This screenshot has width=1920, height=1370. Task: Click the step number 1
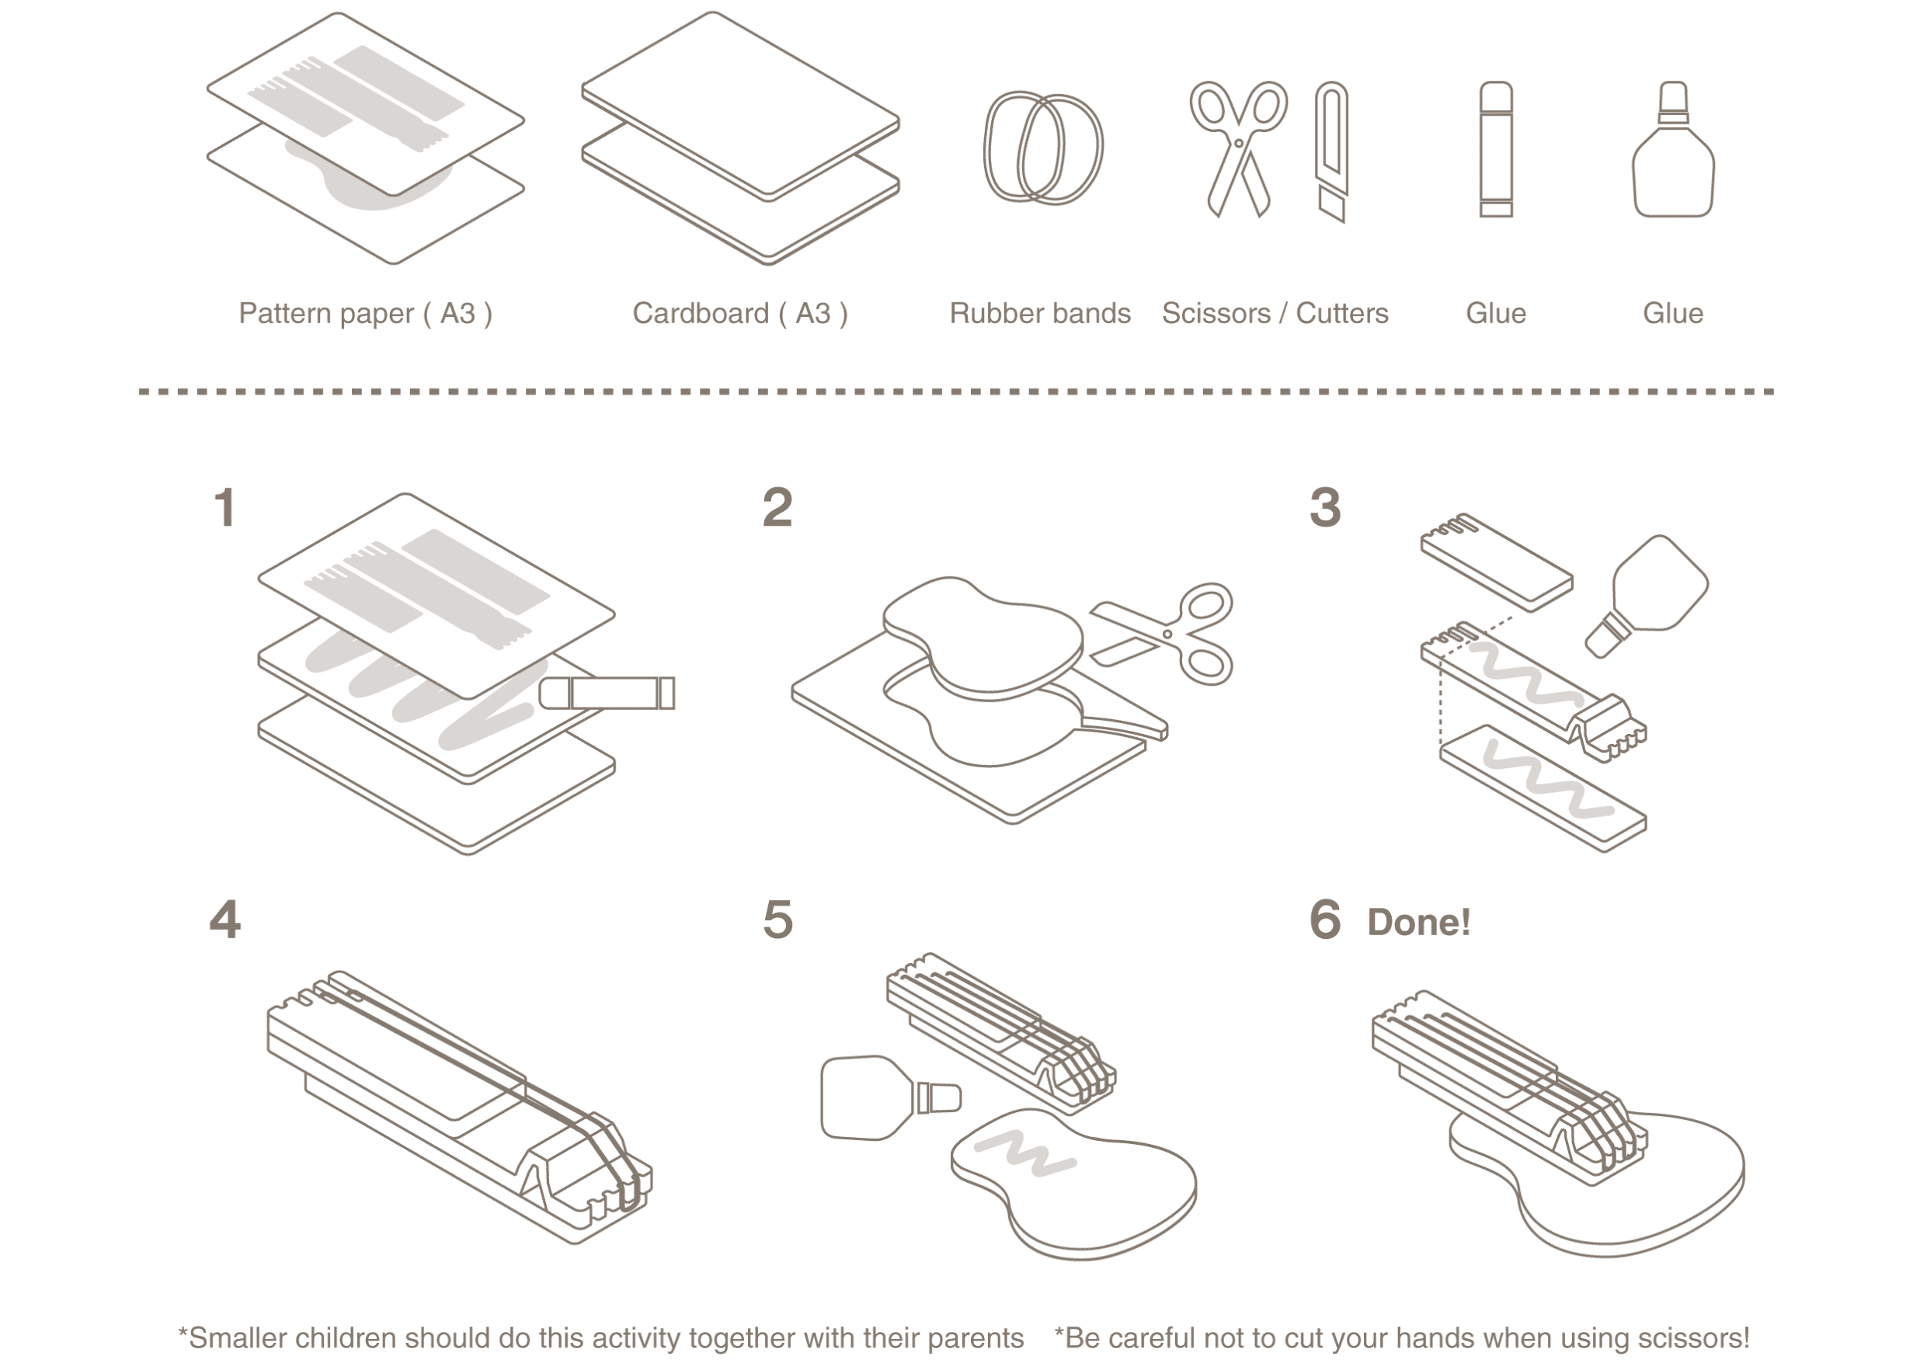pyautogui.click(x=224, y=509)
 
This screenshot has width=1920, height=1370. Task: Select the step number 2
pyautogui.click(x=777, y=509)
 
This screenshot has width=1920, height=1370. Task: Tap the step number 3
pyautogui.click(x=1325, y=509)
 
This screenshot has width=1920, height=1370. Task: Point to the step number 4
pyautogui.click(x=224, y=920)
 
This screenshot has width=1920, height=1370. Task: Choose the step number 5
pyautogui.click(x=777, y=920)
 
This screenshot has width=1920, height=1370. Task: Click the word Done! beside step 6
pyautogui.click(x=1419, y=922)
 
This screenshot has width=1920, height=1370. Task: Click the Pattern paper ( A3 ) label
pyautogui.click(x=365, y=314)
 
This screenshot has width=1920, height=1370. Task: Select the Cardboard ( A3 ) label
pyautogui.click(x=740, y=314)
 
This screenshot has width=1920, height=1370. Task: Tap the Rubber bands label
pyautogui.click(x=1040, y=314)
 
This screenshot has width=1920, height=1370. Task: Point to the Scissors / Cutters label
pyautogui.click(x=1275, y=314)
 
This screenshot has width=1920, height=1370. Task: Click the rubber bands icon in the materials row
pyautogui.click(x=1042, y=148)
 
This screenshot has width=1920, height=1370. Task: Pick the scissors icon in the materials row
pyautogui.click(x=1237, y=148)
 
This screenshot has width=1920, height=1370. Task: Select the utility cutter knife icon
pyautogui.click(x=1333, y=152)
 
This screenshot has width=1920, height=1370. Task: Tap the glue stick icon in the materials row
pyautogui.click(x=1496, y=149)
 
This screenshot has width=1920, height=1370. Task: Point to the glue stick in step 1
pyautogui.click(x=606, y=693)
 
